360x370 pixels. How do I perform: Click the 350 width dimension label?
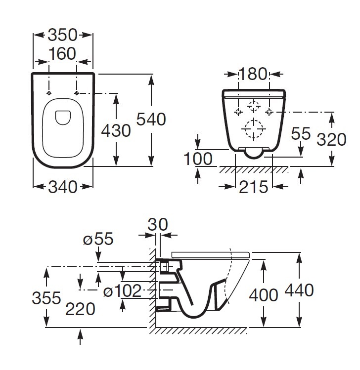tap(62, 35)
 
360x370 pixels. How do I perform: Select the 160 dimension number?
tap(62, 54)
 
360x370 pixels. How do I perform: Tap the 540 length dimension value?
tap(151, 119)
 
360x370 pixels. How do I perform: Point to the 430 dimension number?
tap(116, 130)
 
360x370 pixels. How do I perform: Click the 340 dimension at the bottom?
tap(63, 187)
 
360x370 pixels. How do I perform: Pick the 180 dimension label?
tap(253, 74)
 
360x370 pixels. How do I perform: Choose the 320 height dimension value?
tap(331, 139)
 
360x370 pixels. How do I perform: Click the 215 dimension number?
tap(254, 187)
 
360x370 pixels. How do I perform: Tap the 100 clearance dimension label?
tap(198, 159)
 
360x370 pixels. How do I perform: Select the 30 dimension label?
tap(158, 224)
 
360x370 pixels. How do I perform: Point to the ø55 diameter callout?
tap(98, 239)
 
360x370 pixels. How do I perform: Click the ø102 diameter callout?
tap(122, 290)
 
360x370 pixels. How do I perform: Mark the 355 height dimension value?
tap(46, 297)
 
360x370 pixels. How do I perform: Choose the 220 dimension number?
tap(80, 309)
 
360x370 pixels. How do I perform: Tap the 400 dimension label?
tap(264, 295)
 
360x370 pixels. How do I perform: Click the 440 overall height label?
tap(299, 290)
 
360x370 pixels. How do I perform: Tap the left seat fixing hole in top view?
tap(49, 93)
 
